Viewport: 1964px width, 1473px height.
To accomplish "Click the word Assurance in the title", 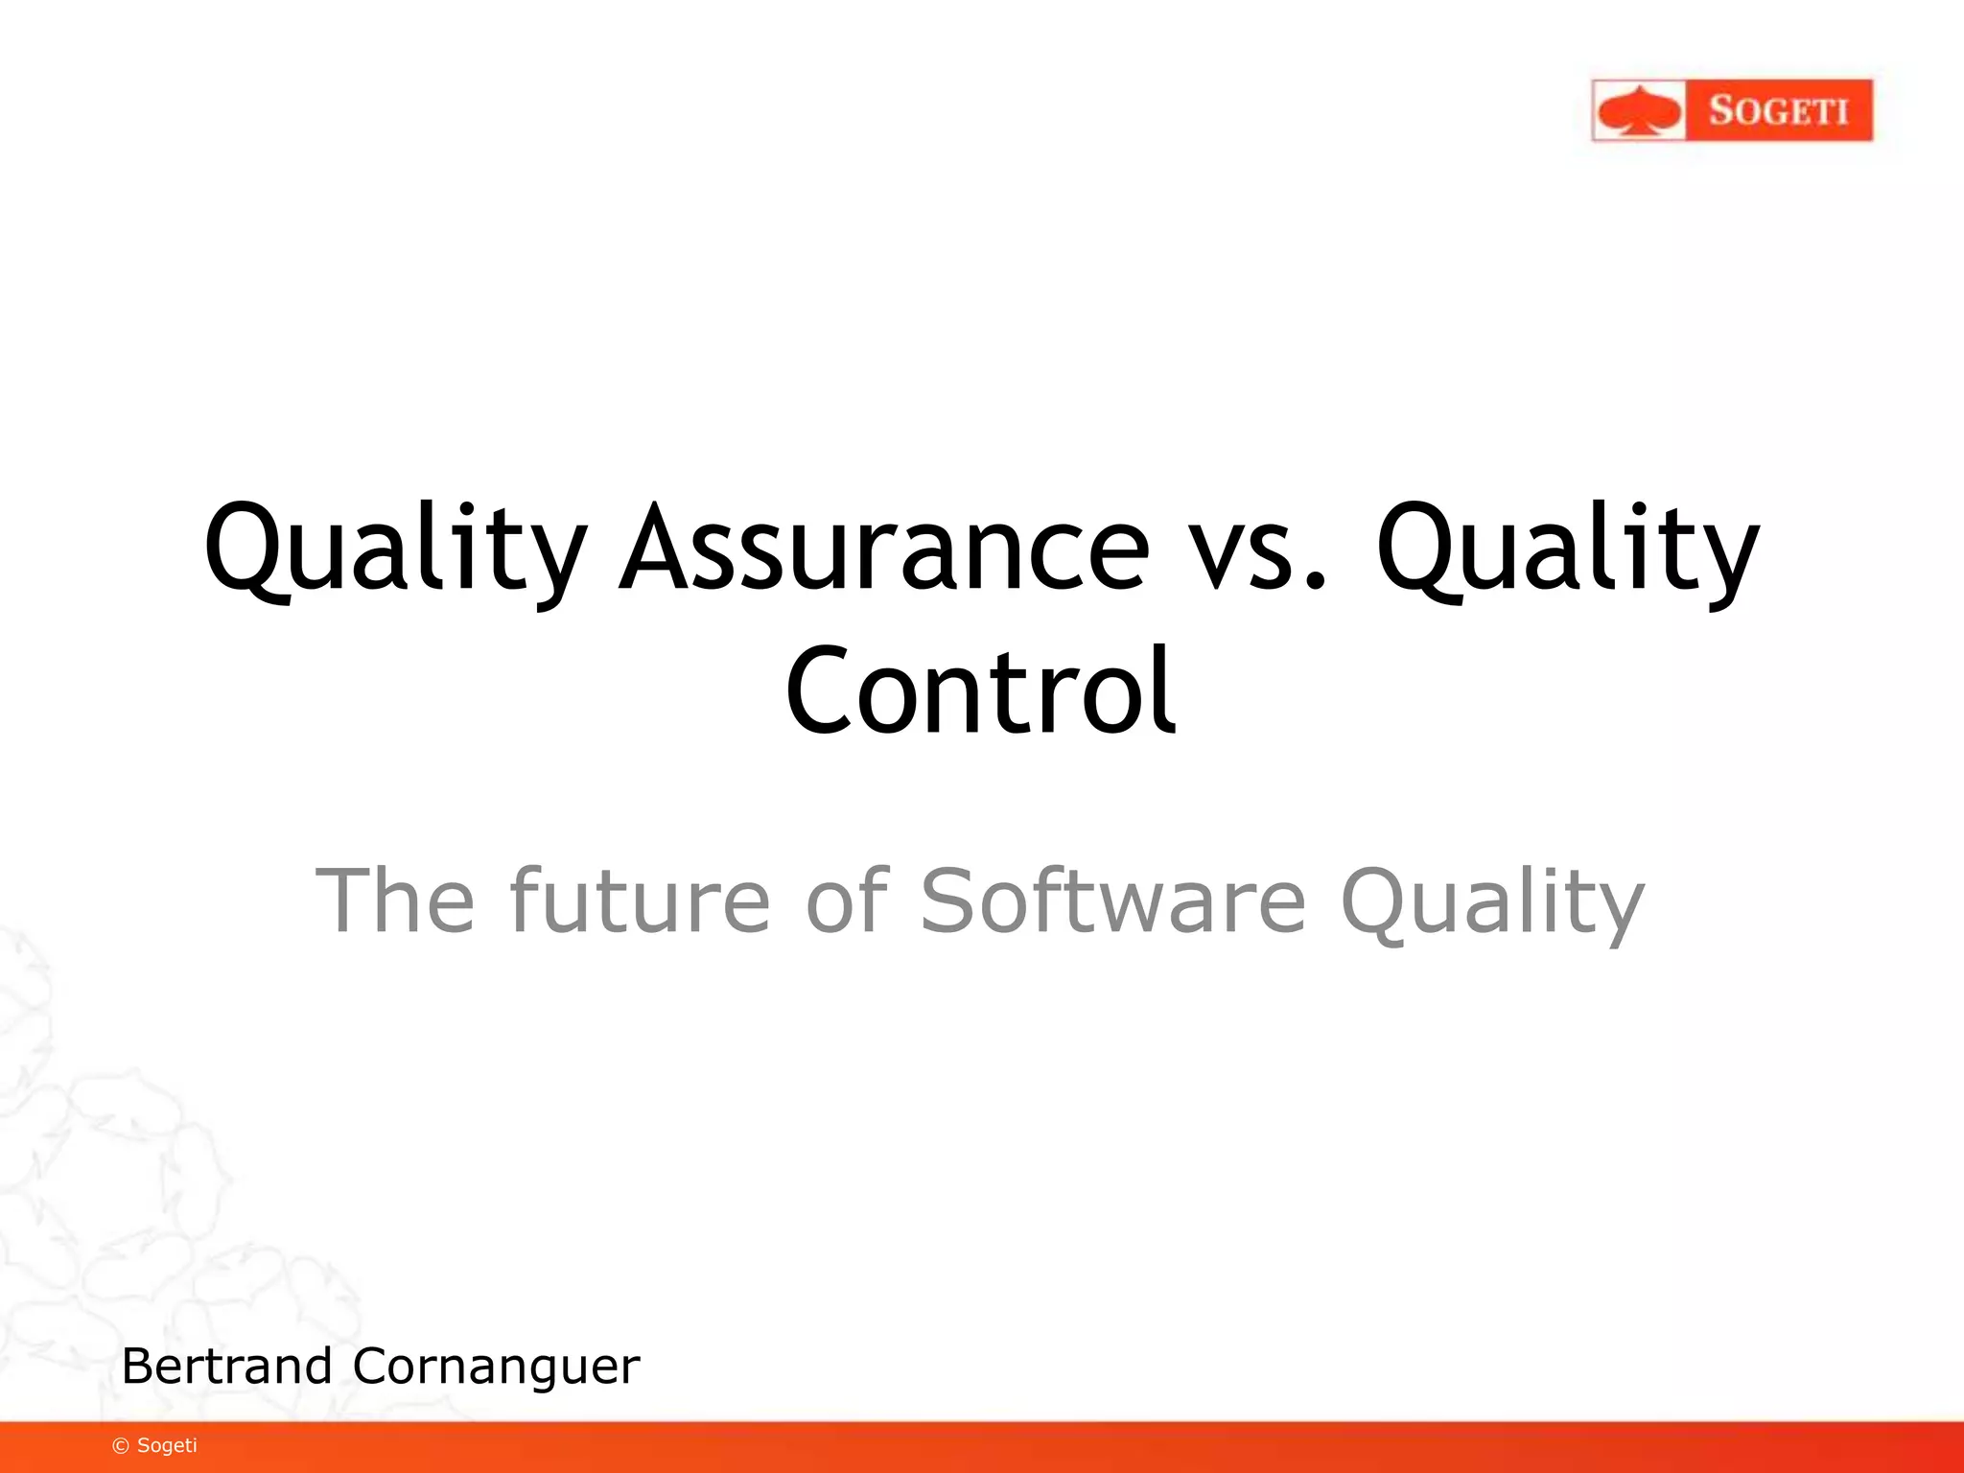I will [883, 549].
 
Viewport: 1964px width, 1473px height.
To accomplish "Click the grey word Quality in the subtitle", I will [1492, 901].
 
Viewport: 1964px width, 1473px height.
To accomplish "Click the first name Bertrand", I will [226, 1366].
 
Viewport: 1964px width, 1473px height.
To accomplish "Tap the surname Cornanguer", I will [496, 1368].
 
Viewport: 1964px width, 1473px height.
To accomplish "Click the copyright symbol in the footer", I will [121, 1446].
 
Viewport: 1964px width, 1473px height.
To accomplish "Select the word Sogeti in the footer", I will [167, 1445].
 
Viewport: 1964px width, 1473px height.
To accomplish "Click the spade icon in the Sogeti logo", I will [1639, 111].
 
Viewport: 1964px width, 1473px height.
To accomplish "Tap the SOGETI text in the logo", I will [1778, 111].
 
